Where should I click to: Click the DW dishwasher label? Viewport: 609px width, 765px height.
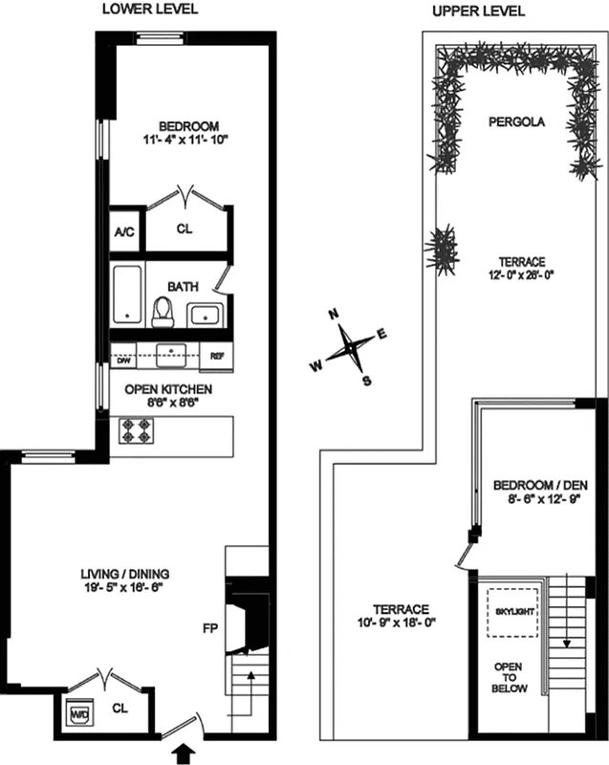pyautogui.click(x=122, y=360)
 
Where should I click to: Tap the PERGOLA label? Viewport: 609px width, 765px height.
pyautogui.click(x=515, y=122)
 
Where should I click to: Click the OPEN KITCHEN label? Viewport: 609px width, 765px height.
pyautogui.click(x=167, y=389)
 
